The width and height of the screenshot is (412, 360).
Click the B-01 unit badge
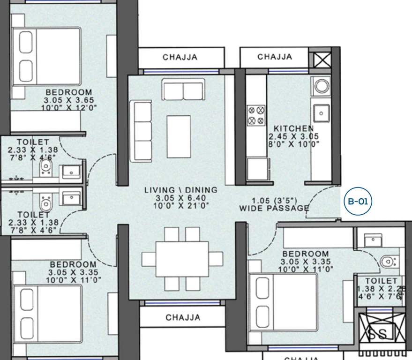pyautogui.click(x=358, y=202)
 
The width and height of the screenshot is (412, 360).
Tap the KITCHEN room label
pyautogui.click(x=294, y=128)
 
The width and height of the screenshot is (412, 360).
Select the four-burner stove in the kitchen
pyautogui.click(x=256, y=115)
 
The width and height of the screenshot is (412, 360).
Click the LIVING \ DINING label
pyautogui.click(x=180, y=190)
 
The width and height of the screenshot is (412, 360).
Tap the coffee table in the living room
pyautogui.click(x=179, y=136)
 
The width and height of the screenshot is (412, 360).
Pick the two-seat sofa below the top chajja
pyautogui.click(x=183, y=90)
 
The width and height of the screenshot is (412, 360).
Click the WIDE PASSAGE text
pyautogui.click(x=274, y=208)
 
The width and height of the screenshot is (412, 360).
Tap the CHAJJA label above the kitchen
pyautogui.click(x=275, y=57)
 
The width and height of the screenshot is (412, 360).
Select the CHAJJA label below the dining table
pyautogui.click(x=183, y=317)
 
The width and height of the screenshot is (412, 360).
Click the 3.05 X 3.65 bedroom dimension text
pyautogui.click(x=69, y=100)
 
